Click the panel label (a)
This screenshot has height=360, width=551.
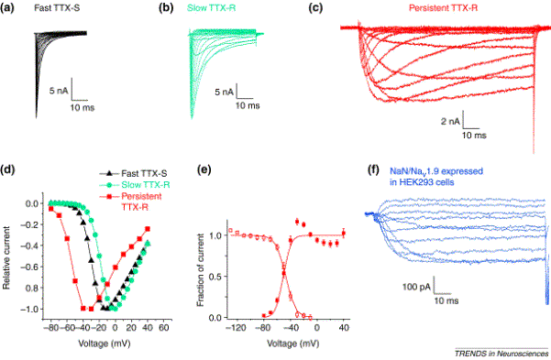[7, 7]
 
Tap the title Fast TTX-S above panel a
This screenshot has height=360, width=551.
[57, 7]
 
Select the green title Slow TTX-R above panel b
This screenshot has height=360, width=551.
[211, 7]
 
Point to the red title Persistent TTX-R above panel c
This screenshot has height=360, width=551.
[443, 7]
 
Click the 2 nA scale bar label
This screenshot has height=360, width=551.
[450, 122]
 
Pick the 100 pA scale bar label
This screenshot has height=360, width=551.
[416, 287]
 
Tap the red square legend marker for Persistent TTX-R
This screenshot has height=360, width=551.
[109, 197]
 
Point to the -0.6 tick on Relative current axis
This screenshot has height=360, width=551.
[29, 267]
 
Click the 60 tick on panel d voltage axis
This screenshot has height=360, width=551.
[163, 328]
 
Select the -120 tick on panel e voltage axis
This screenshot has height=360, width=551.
[236, 328]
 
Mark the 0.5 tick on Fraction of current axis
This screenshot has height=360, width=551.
[215, 277]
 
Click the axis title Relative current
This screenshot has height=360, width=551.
[6, 257]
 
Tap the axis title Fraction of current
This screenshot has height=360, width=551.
[200, 269]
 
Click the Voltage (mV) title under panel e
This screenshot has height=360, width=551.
[293, 344]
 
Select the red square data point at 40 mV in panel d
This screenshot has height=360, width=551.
[148, 229]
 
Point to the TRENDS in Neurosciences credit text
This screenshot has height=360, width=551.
[501, 354]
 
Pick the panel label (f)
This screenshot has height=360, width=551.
[373, 170]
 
